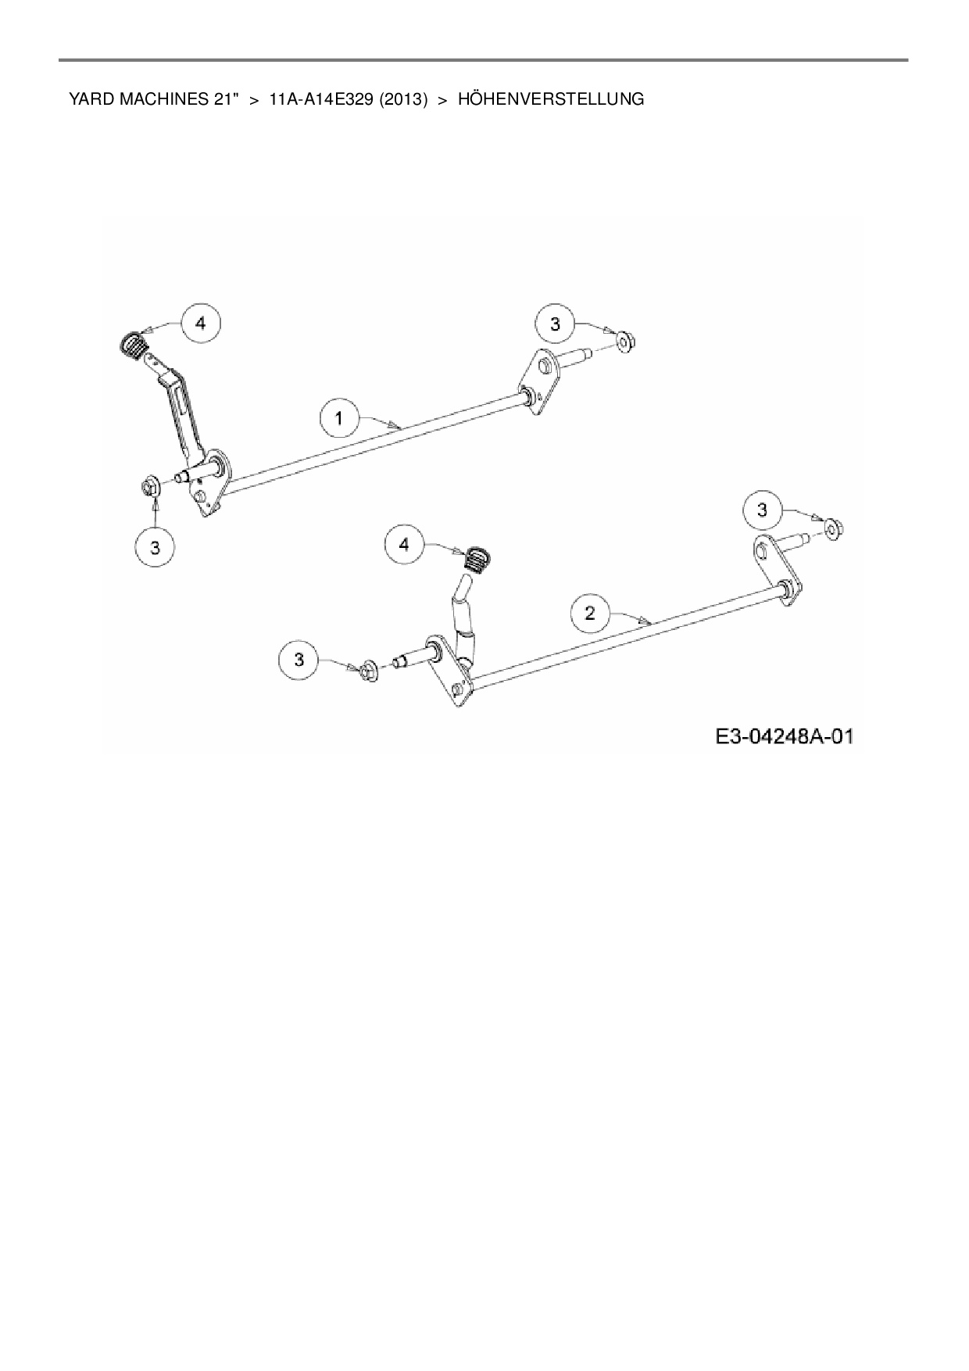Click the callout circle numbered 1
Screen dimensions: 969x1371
click(x=338, y=418)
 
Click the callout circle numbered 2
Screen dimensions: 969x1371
click(x=590, y=613)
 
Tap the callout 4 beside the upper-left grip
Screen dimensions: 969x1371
click(x=201, y=322)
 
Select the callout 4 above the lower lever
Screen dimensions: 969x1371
click(x=404, y=544)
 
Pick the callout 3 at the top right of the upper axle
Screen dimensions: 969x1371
click(x=555, y=324)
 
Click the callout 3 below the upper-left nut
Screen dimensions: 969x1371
click(x=155, y=547)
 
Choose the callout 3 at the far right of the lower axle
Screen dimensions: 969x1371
click(x=763, y=510)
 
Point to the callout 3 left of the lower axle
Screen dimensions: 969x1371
click(x=299, y=660)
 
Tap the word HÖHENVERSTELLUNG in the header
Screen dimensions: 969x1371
click(x=551, y=99)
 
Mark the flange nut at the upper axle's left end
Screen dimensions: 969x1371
click(x=152, y=486)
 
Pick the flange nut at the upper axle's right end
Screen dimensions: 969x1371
click(x=624, y=341)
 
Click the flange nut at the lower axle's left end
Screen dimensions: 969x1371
click(x=368, y=671)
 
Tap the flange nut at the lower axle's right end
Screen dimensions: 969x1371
click(x=834, y=530)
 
